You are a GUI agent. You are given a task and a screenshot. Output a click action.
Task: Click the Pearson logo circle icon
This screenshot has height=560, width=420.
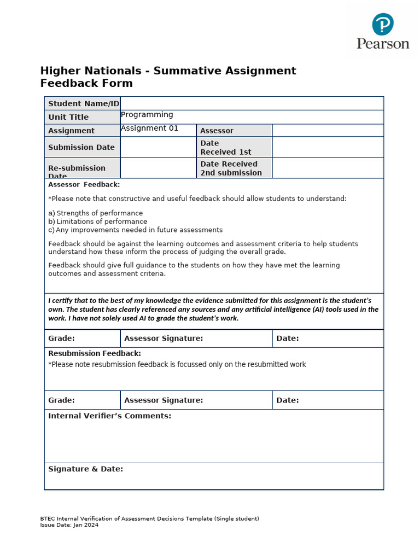(383, 25)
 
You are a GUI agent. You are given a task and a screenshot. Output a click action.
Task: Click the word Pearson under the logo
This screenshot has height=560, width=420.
(383, 43)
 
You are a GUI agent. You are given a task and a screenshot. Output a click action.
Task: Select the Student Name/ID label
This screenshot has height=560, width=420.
(83, 103)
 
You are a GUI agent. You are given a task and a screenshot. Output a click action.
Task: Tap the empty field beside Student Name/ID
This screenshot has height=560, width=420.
(252, 103)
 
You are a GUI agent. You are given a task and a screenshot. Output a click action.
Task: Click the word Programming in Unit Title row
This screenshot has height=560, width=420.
(147, 115)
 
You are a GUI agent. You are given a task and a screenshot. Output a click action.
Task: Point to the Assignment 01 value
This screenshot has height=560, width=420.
(149, 129)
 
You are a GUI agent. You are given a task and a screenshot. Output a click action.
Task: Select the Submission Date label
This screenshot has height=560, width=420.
(81, 147)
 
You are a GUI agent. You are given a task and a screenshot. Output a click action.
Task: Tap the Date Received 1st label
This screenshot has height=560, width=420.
(226, 147)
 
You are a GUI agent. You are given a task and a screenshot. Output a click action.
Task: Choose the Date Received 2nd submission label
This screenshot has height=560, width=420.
(231, 168)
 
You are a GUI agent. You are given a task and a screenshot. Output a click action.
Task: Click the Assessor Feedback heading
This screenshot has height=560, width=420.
(84, 184)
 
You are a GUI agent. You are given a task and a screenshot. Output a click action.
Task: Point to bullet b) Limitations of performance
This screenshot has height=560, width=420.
(98, 221)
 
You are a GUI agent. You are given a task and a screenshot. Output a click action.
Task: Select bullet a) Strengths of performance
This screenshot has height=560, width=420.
(96, 213)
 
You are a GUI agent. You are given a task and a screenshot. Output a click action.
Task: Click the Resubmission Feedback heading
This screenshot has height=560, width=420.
(95, 353)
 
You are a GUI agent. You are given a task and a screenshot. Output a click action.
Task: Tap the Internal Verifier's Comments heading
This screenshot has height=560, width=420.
(109, 416)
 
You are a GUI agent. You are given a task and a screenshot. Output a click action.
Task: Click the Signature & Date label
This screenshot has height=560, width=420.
(85, 469)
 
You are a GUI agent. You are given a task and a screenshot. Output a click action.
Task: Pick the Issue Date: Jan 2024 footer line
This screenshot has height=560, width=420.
(69, 524)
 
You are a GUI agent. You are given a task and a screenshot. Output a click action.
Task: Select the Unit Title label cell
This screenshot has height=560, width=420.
(68, 117)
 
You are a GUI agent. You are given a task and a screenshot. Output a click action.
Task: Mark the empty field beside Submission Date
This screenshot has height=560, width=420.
(158, 147)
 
